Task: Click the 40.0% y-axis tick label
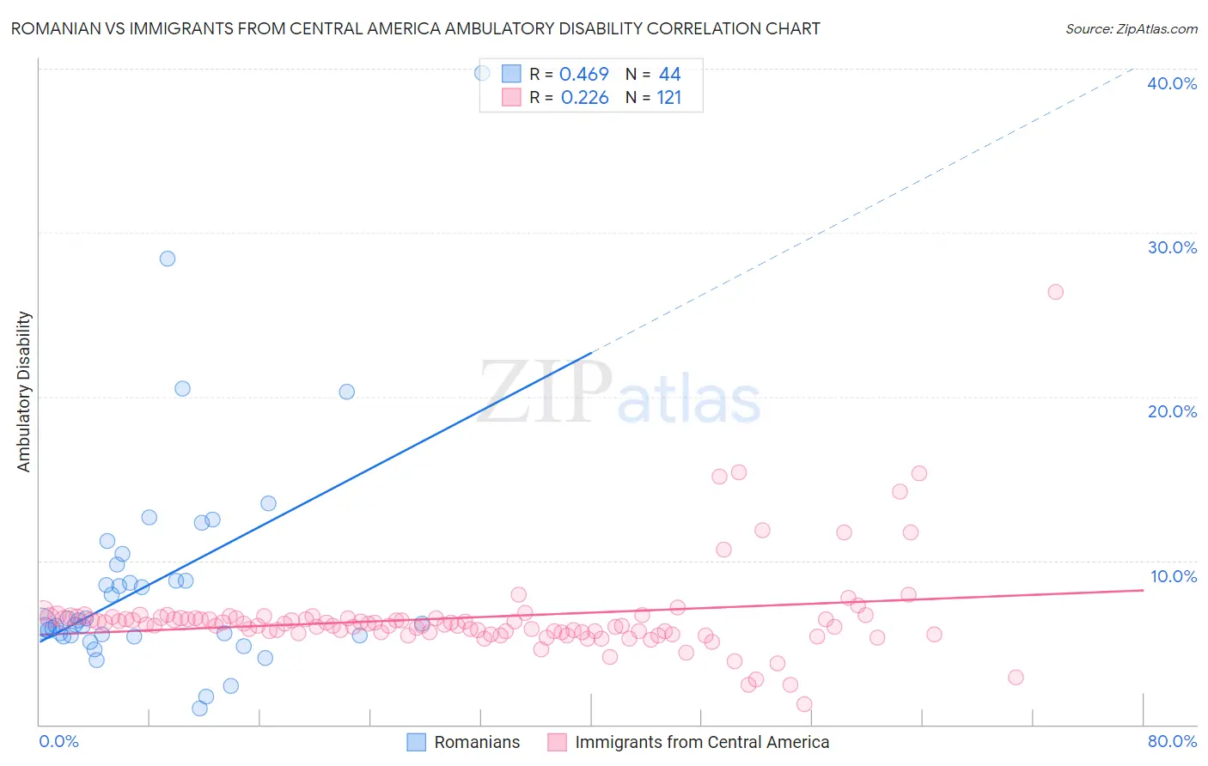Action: point(1172,83)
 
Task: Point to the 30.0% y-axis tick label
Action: point(1172,247)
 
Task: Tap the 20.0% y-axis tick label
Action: point(1172,411)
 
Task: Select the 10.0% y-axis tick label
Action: point(1174,576)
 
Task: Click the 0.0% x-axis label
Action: point(58,741)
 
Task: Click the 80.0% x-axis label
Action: point(1172,741)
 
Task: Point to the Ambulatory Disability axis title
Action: point(24,392)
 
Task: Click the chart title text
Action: point(415,28)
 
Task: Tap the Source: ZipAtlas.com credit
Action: point(1131,28)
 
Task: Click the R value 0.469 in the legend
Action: point(584,75)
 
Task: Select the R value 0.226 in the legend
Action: point(584,98)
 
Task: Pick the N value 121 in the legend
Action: point(669,98)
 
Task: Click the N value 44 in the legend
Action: point(669,75)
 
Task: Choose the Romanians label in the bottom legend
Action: point(477,742)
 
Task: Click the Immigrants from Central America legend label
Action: point(702,742)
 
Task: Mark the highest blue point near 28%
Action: point(168,258)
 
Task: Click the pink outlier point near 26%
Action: point(1056,292)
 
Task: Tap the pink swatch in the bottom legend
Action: point(557,742)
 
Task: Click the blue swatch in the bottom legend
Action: point(417,742)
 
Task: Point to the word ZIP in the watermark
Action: point(545,392)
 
